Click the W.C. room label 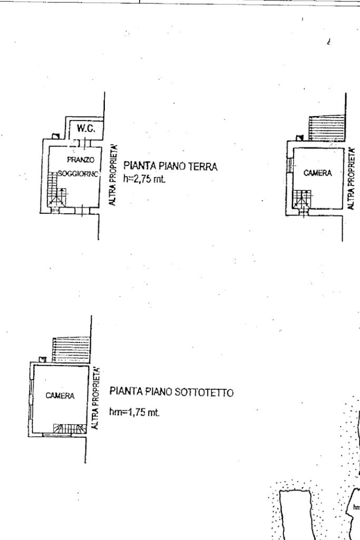pos(84,128)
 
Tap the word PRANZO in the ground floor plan pos(77,159)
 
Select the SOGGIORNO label pos(75,173)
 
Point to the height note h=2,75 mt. pos(144,179)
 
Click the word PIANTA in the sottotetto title pos(123,392)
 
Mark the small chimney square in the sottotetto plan pos(43,359)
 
